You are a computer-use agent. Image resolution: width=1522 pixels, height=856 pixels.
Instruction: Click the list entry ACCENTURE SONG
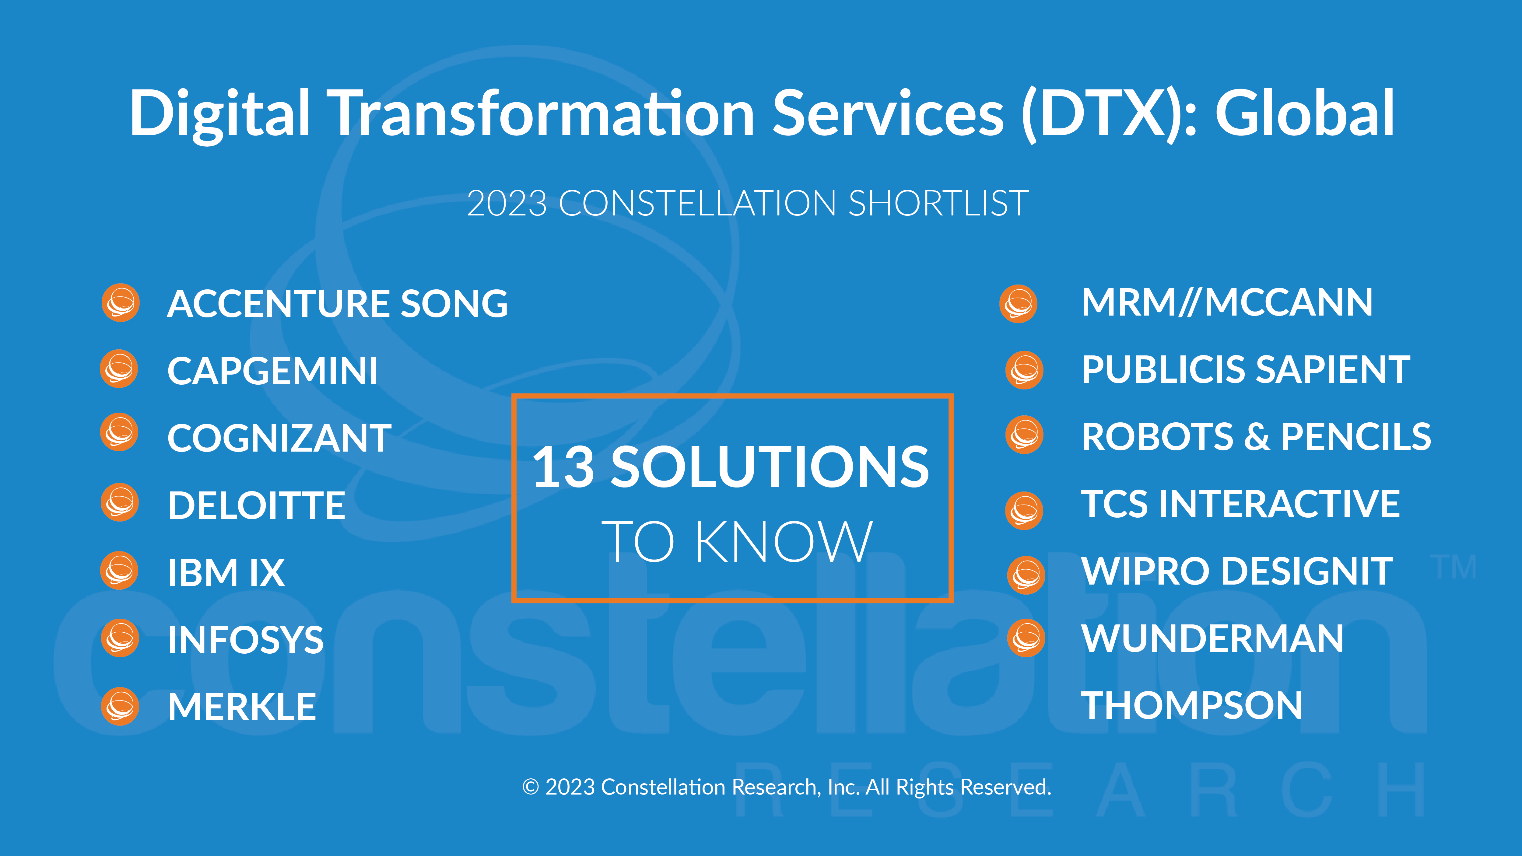tap(337, 304)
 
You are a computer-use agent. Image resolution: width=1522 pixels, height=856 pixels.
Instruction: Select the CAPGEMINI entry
tap(272, 371)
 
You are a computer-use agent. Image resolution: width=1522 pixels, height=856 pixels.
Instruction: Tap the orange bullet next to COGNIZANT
tap(119, 432)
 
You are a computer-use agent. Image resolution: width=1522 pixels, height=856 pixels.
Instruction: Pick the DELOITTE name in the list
tap(256, 506)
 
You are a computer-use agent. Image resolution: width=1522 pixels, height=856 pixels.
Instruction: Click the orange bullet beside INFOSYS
tap(120, 638)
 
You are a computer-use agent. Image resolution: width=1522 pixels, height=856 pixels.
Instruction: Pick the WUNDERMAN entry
tap(1212, 639)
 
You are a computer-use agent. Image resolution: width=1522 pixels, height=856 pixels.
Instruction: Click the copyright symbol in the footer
tap(531, 788)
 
